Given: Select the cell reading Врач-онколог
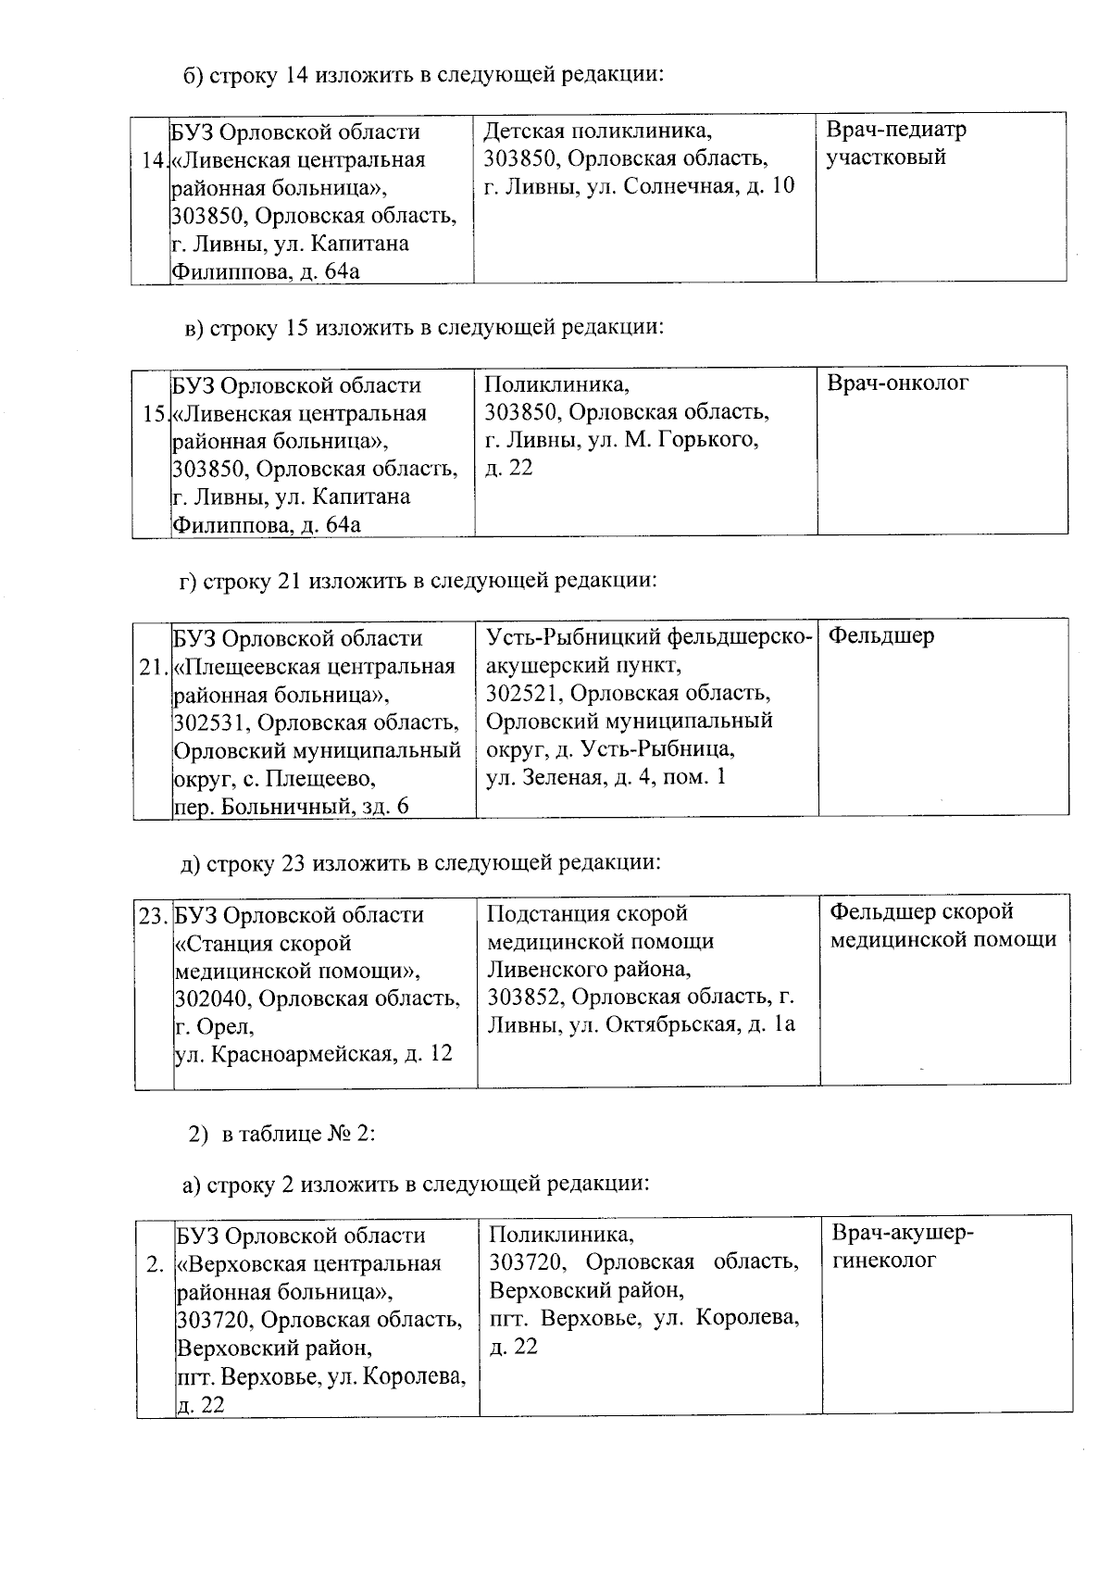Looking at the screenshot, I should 897,383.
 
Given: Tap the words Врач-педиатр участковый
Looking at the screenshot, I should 894,144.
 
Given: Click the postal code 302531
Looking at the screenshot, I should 209,722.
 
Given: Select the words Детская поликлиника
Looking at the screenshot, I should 598,131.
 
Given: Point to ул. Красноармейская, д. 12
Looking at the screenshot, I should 314,1053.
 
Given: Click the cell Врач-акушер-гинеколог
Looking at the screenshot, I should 902,1247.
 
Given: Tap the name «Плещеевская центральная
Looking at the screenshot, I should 315,667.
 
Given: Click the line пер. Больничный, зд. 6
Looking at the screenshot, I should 291,806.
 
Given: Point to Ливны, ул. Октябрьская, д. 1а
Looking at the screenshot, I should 641,1024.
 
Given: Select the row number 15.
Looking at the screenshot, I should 155,413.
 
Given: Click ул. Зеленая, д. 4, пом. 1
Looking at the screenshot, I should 606,777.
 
